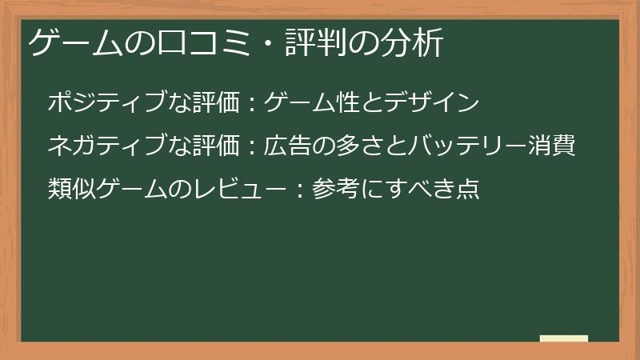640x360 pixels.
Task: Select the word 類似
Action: click(x=71, y=189)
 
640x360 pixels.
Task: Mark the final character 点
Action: click(x=466, y=189)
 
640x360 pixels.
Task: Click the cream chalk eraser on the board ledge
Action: click(x=564, y=338)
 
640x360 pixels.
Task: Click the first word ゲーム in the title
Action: click(x=77, y=44)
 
